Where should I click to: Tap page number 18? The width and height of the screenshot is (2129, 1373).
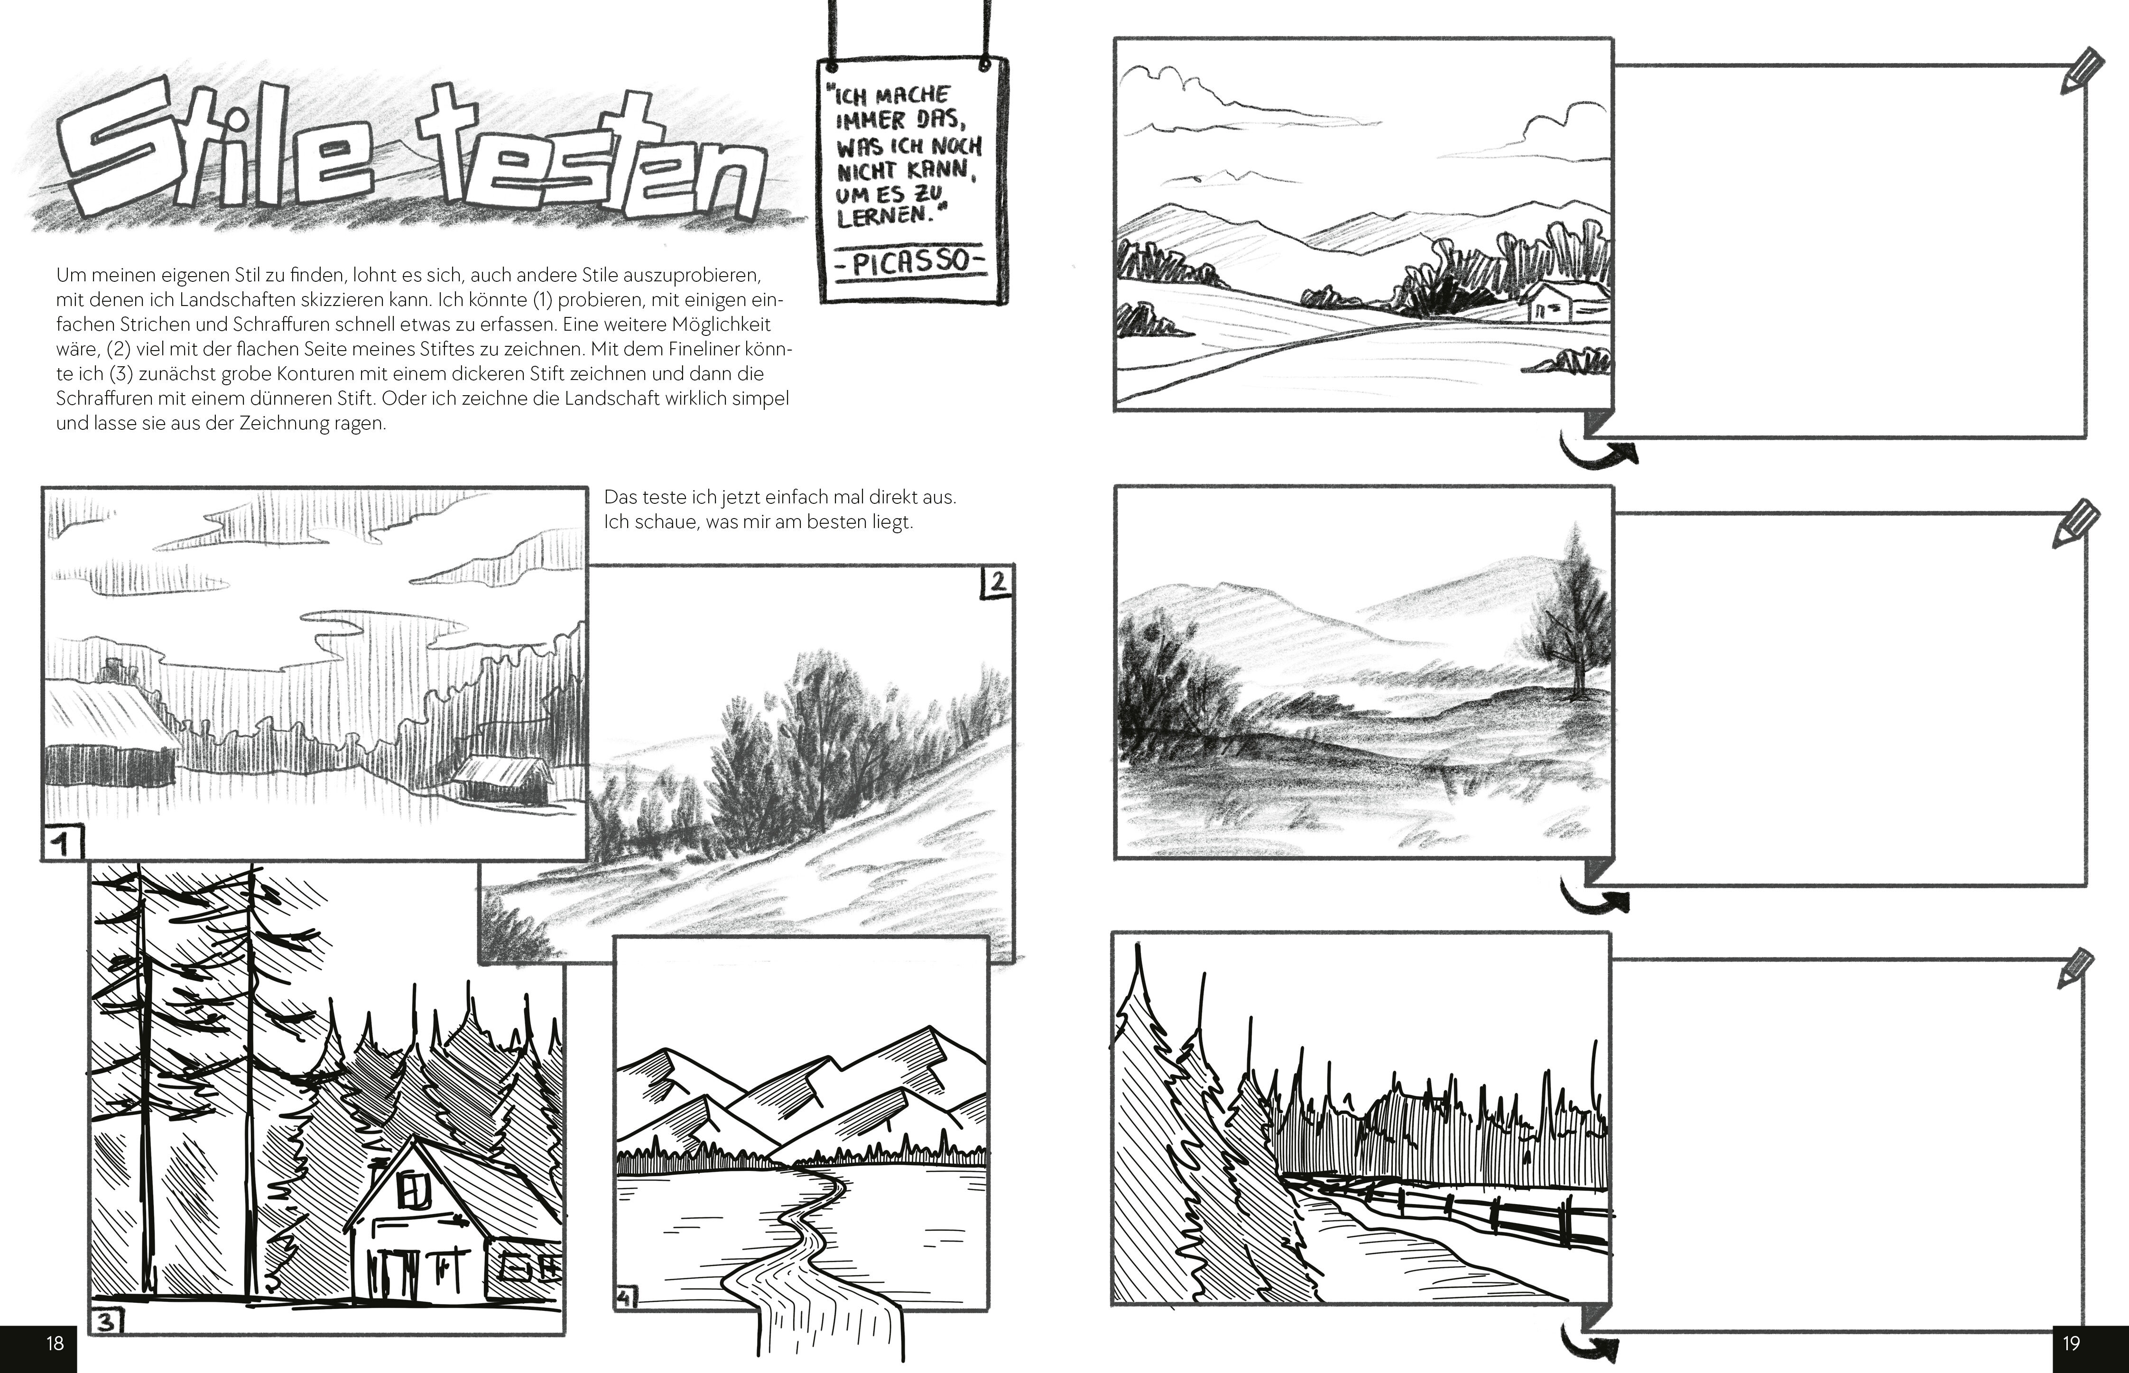(56, 1343)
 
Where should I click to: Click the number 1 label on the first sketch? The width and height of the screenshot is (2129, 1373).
(63, 843)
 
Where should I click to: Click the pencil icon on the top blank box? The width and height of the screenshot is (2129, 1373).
(2081, 71)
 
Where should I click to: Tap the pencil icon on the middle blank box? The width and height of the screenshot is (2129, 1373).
(2075, 524)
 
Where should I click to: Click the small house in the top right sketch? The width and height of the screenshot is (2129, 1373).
(1564, 300)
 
